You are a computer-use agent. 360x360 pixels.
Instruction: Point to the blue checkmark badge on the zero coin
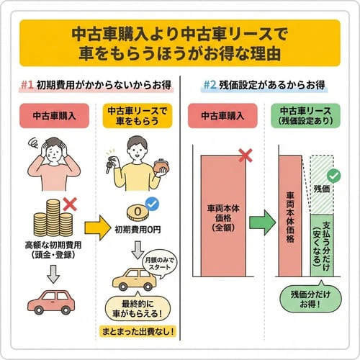pos(151,205)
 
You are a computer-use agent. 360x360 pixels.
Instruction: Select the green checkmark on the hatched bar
pos(333,175)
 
